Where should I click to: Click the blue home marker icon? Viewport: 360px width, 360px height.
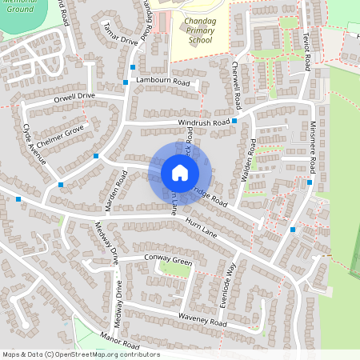pos(180,172)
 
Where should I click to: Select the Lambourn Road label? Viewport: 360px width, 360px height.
pos(162,82)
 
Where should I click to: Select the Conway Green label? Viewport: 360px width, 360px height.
pos(168,259)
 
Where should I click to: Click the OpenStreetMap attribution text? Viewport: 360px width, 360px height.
pos(80,354)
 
